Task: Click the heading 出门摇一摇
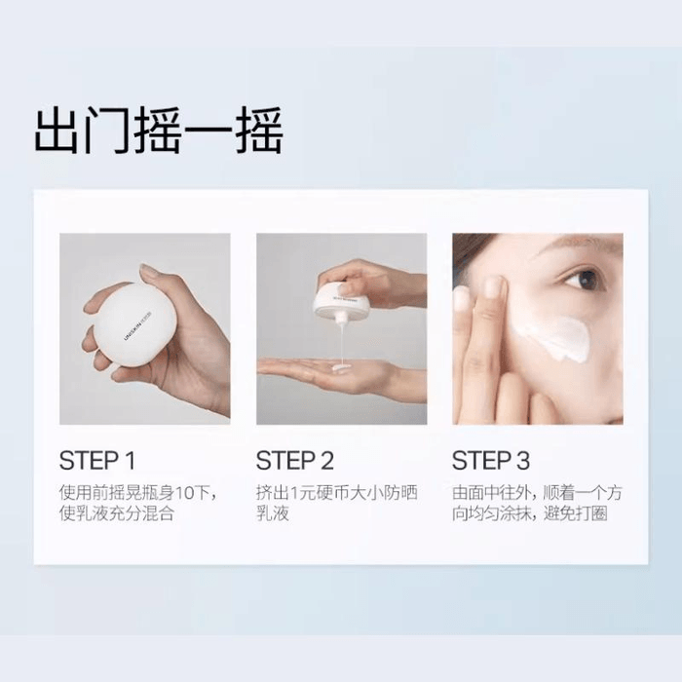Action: tap(158, 133)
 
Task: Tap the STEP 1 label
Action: tap(97, 461)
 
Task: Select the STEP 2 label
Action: tap(295, 461)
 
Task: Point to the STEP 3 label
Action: tap(492, 461)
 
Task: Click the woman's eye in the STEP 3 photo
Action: tap(585, 280)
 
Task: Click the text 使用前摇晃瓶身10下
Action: tap(137, 492)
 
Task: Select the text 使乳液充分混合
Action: tap(117, 513)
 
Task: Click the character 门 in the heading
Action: tap(108, 133)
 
